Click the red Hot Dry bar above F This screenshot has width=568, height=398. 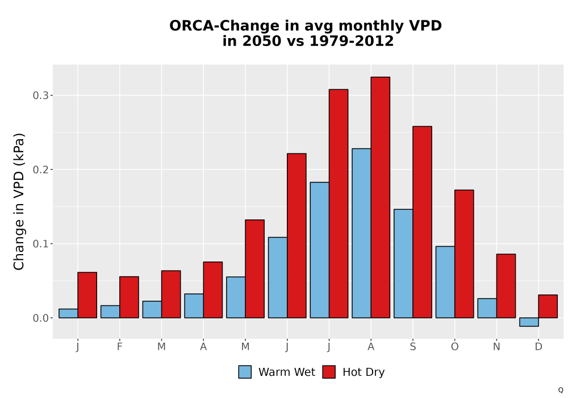point(129,297)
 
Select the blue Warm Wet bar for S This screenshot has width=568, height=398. point(403,263)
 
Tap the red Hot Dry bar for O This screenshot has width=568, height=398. point(464,254)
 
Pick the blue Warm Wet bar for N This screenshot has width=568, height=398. point(487,308)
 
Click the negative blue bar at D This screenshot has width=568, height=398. point(529,322)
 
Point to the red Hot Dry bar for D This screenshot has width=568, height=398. point(548,306)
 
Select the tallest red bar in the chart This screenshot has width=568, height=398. point(381,197)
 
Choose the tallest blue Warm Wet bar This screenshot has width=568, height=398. point(361,233)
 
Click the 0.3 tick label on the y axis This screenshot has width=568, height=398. point(40,96)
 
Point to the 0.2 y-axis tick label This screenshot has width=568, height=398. point(40,169)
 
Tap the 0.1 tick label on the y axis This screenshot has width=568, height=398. point(40,243)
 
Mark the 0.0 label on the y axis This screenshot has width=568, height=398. point(40,318)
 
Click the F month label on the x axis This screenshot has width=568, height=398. point(119,347)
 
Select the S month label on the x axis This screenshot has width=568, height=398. point(412,347)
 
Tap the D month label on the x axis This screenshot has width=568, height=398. point(538,347)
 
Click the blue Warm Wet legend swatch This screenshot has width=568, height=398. point(245,372)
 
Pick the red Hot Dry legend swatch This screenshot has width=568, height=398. point(329,372)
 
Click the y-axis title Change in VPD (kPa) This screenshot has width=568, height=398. point(19,202)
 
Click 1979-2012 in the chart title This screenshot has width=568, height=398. point(352,41)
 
